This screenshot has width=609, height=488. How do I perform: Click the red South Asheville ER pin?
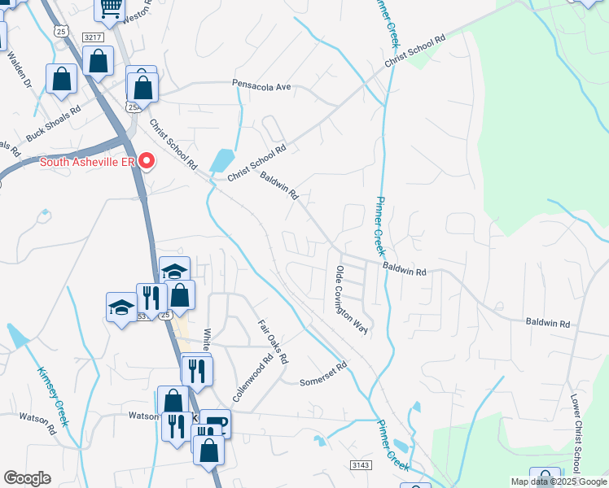point(147,160)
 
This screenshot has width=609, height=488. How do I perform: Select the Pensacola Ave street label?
point(261,84)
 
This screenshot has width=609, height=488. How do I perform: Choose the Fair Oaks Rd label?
point(274,342)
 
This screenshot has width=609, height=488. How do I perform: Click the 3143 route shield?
point(360,464)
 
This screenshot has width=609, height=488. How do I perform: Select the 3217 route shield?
point(93,37)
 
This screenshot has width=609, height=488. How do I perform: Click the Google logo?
point(27,478)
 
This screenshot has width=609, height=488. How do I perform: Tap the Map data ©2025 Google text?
point(559,481)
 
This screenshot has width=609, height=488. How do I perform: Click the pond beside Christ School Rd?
point(221,160)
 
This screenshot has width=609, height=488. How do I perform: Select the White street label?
point(207,341)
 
